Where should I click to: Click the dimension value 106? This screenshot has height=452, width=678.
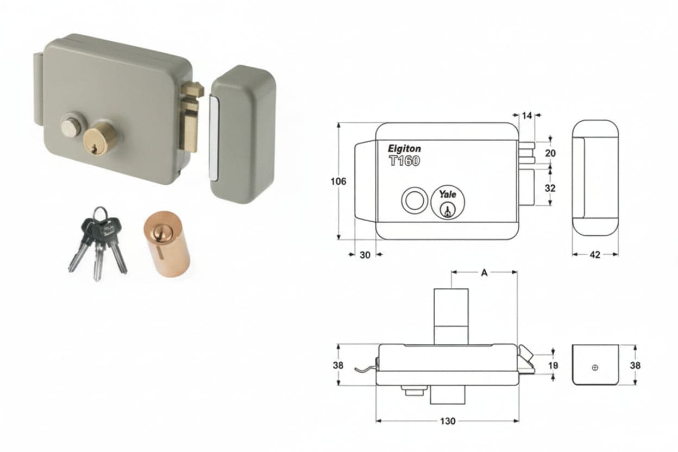click(x=338, y=181)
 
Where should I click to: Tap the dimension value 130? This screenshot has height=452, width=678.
click(x=448, y=421)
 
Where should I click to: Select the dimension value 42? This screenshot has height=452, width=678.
click(x=595, y=255)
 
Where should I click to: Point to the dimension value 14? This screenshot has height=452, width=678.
click(x=527, y=115)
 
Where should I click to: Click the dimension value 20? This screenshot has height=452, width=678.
click(x=550, y=153)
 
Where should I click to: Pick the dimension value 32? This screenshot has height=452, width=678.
click(x=550, y=189)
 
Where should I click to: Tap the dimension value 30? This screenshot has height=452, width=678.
click(x=365, y=255)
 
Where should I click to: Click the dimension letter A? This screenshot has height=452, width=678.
click(x=484, y=273)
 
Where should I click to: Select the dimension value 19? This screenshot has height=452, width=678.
click(x=553, y=366)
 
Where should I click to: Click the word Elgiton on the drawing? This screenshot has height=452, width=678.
click(x=404, y=149)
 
